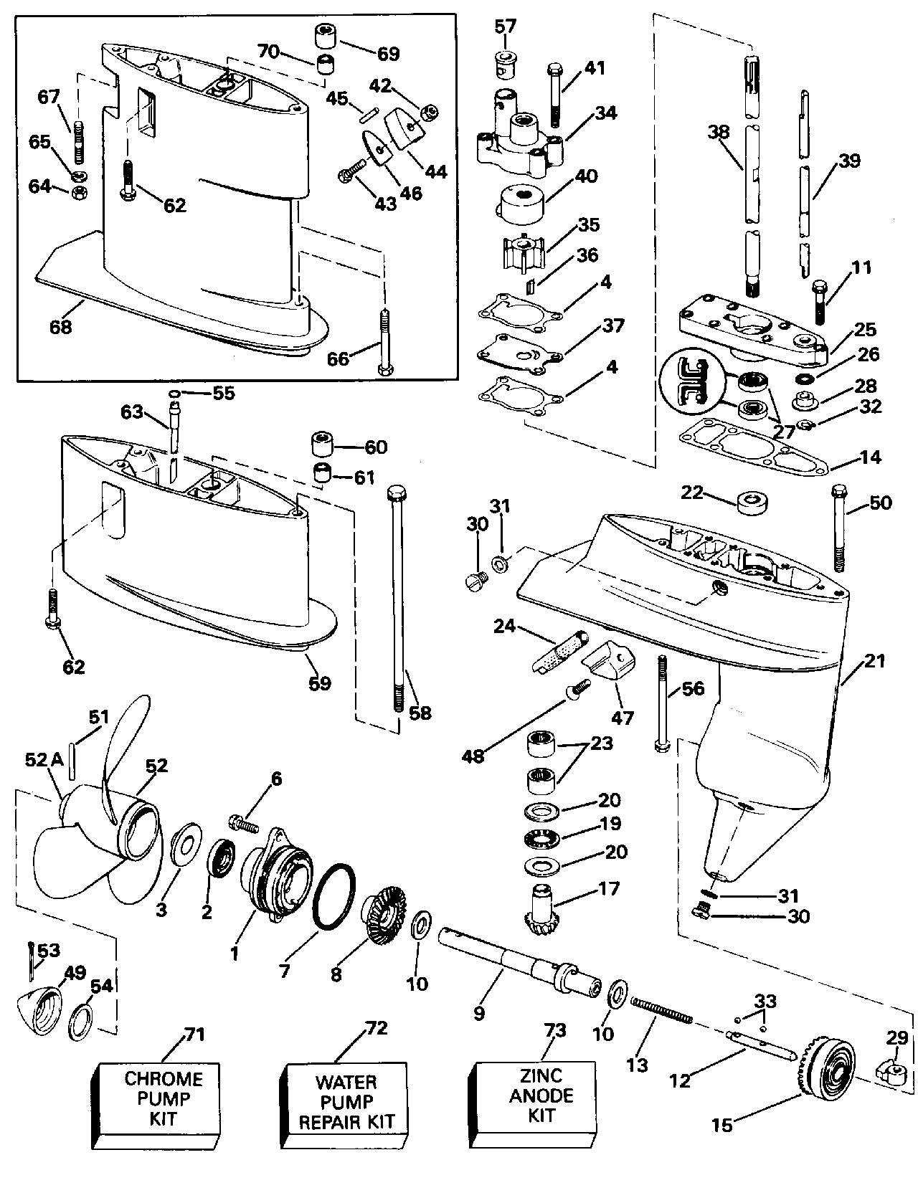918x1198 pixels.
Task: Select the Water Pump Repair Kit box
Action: coord(347,1101)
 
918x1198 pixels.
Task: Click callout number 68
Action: coord(60,327)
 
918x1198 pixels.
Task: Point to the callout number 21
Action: coord(875,661)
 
